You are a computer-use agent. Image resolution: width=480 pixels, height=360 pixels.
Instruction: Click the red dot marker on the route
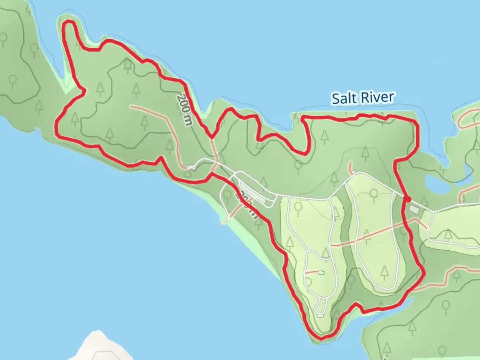[407, 199]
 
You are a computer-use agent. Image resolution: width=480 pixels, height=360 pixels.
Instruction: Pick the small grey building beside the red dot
[414, 209]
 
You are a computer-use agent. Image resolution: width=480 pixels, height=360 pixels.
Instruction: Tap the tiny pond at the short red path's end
[321, 273]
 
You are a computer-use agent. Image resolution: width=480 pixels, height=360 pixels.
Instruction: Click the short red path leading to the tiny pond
[312, 272]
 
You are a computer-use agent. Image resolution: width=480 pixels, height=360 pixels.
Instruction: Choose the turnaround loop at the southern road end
[320, 308]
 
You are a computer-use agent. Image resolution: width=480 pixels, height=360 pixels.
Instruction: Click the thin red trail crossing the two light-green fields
[367, 235]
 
